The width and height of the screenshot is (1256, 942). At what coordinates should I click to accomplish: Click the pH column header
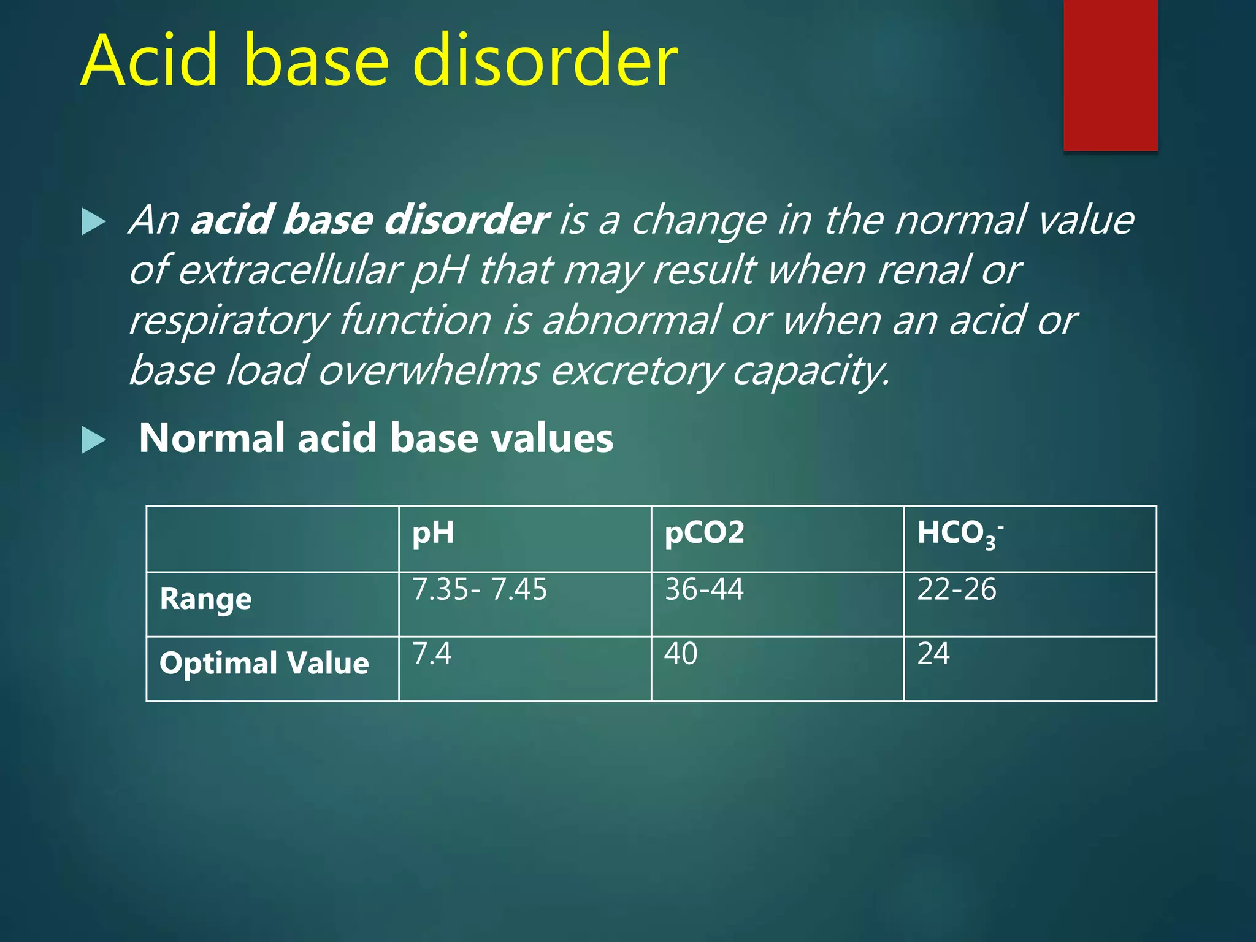point(433,533)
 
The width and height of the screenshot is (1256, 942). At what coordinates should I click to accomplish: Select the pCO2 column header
point(704,533)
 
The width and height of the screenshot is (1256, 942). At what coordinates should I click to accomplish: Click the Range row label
point(205,599)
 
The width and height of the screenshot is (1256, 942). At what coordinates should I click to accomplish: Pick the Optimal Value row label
point(264,664)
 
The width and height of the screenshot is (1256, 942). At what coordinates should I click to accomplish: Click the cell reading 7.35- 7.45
point(479,589)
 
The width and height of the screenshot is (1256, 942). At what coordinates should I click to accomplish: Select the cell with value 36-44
point(704,589)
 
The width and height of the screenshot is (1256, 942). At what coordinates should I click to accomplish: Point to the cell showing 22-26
point(956,589)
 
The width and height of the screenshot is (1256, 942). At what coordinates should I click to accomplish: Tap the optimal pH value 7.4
point(432,654)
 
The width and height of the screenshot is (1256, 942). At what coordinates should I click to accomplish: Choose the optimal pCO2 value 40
point(681,654)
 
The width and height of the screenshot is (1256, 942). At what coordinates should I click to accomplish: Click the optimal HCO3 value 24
point(933,654)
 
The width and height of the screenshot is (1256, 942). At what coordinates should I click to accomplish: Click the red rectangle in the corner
point(1110,75)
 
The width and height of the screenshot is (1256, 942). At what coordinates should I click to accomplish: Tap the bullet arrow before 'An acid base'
point(93,222)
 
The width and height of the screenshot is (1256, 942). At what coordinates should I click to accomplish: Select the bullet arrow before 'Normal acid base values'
point(93,440)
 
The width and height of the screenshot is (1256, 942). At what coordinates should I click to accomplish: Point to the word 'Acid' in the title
point(149,61)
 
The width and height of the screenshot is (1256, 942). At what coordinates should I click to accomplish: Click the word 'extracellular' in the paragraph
point(289,270)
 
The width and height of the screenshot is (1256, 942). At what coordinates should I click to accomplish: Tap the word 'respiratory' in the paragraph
point(229,321)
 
